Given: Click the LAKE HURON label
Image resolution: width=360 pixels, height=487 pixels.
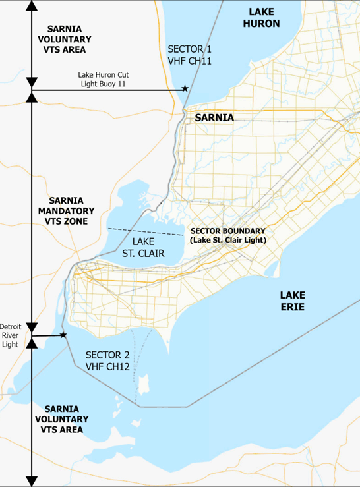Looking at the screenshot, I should click(264, 18).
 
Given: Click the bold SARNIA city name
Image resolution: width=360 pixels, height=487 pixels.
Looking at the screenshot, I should click(214, 117).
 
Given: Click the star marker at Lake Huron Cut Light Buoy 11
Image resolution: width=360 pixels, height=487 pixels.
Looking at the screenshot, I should click(185, 88).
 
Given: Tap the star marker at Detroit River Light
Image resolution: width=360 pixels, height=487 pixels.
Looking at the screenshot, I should click(63, 335).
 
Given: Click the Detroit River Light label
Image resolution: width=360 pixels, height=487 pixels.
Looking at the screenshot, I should click(10, 335).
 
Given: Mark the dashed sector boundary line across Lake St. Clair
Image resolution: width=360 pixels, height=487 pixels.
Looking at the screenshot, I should click(146, 231).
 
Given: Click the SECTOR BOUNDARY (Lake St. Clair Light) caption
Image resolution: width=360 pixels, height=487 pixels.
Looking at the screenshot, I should click(227, 236).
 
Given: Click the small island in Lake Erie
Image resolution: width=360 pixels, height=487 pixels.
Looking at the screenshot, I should click(144, 383).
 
